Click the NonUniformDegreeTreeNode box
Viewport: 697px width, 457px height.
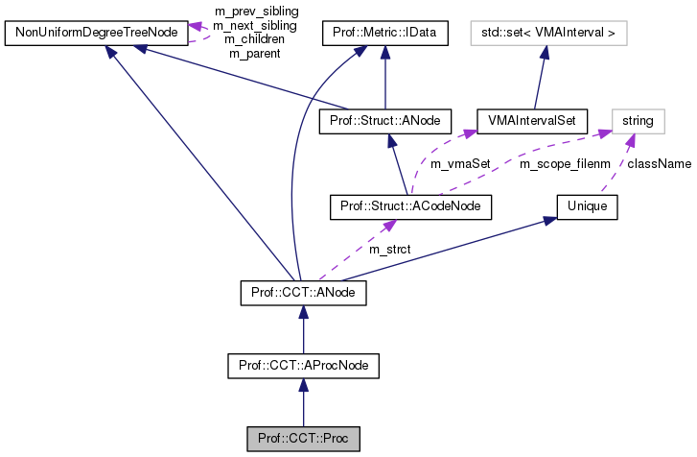[x=94, y=35]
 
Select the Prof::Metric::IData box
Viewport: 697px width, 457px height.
[x=383, y=35]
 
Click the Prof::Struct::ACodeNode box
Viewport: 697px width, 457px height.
[x=409, y=205]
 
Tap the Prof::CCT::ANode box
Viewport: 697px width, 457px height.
[x=303, y=289]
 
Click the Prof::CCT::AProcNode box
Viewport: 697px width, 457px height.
[x=303, y=365]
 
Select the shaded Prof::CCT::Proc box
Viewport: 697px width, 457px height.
[x=303, y=440]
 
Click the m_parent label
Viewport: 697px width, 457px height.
[x=254, y=54]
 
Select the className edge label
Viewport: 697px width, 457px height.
[x=659, y=164]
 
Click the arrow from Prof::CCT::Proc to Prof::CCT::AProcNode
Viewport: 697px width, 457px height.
[x=303, y=402]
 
